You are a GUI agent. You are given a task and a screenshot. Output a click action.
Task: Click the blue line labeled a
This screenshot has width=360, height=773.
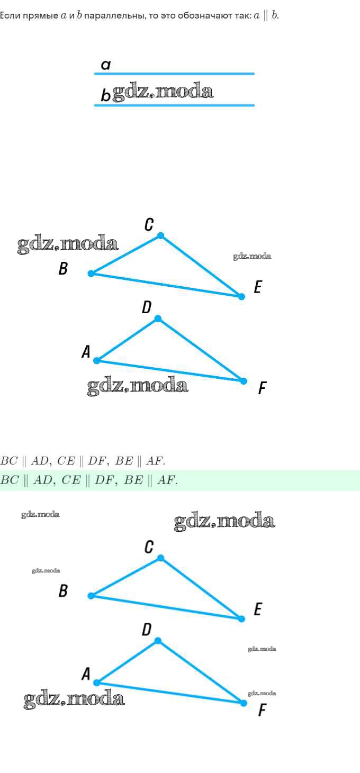(x=174, y=74)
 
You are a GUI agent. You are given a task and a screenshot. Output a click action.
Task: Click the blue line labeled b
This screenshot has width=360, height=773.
(x=174, y=105)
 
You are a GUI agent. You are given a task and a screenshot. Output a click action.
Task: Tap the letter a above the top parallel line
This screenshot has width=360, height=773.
(x=106, y=65)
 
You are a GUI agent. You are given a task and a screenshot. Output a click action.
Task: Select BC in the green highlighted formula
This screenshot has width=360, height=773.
(x=10, y=480)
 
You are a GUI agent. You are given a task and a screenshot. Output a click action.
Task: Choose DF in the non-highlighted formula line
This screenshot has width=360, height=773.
(x=96, y=461)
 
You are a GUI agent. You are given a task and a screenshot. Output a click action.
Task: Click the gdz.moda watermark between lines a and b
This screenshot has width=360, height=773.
(x=163, y=92)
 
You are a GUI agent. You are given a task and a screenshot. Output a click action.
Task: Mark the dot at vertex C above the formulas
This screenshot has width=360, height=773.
(x=160, y=235)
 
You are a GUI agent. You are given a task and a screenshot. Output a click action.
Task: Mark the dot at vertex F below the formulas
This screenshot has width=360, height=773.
(x=244, y=703)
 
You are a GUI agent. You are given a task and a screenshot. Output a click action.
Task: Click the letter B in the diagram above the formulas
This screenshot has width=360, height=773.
(x=63, y=268)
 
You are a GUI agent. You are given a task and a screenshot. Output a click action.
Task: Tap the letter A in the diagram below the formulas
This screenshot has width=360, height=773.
(x=86, y=674)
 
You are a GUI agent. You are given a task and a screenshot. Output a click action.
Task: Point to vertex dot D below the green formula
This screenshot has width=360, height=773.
(x=158, y=641)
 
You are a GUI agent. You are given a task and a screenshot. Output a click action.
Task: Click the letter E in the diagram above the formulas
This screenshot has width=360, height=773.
(x=257, y=287)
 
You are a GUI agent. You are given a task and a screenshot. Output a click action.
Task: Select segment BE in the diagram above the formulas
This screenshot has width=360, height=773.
(x=166, y=285)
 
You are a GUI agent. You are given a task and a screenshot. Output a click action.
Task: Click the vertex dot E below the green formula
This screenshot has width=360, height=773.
(x=241, y=619)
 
